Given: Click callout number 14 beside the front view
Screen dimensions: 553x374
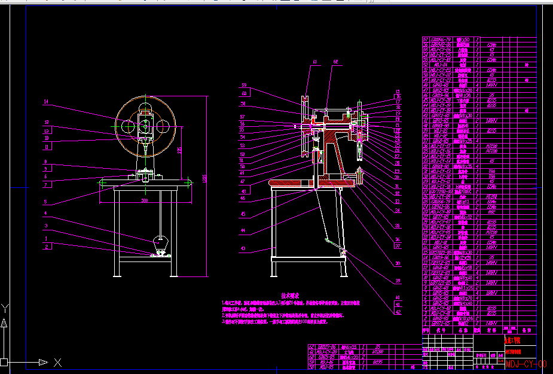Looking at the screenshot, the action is click(x=45, y=102).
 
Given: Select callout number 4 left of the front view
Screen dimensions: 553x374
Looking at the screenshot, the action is click(x=45, y=213).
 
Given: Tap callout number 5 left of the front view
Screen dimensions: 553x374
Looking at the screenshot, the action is click(x=45, y=202).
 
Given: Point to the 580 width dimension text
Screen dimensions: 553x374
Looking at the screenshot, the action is click(x=144, y=201).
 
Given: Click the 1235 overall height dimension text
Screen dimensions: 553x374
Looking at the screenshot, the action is click(x=204, y=179).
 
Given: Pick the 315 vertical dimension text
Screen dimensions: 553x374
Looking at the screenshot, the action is click(x=180, y=150).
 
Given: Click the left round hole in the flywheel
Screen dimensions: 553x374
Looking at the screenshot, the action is click(x=130, y=126).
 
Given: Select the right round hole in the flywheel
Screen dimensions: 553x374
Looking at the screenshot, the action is click(x=161, y=126).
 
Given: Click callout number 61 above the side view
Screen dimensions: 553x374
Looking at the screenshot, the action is click(x=315, y=62).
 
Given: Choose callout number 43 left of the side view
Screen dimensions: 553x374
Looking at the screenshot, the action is click(x=243, y=249).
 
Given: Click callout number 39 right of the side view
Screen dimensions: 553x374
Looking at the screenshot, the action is click(x=397, y=264).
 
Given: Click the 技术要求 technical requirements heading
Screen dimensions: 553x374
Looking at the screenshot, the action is click(x=291, y=296).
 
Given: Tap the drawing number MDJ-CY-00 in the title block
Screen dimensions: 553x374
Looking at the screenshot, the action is click(x=526, y=363).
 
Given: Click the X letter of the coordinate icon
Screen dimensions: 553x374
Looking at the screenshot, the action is click(x=57, y=362).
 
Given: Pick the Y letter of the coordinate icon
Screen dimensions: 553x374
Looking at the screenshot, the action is click(x=5, y=309).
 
